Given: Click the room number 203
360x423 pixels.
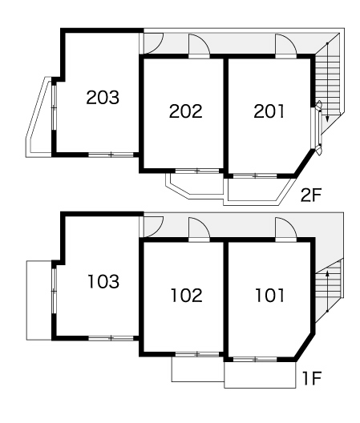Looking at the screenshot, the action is [103, 98].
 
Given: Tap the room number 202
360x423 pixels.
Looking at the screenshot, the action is [186, 111].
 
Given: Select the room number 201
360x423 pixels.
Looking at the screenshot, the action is [269, 111].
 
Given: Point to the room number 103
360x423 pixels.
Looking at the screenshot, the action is [103, 281].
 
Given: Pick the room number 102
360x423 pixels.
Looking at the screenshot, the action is [187, 295].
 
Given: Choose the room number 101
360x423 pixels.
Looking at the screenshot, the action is [270, 295].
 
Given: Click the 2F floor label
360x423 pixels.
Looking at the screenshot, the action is [311, 195].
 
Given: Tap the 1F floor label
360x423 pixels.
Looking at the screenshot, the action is [312, 378].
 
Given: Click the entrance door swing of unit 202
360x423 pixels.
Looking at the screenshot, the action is [199, 44].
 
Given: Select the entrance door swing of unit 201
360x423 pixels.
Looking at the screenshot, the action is [286, 44].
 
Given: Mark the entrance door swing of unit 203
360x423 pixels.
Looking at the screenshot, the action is [153, 43].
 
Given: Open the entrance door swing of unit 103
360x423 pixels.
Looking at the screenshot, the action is [153, 227].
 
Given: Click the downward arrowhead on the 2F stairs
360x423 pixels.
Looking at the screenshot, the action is [327, 119].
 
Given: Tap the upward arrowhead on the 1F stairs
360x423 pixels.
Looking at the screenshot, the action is [327, 273].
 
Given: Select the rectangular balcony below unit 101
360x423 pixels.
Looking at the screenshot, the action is [260, 375].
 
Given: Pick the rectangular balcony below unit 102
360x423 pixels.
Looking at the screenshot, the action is [198, 369].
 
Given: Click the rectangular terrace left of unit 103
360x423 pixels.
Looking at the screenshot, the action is [39, 300].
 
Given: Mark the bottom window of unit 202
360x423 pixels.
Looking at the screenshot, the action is [197, 171].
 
